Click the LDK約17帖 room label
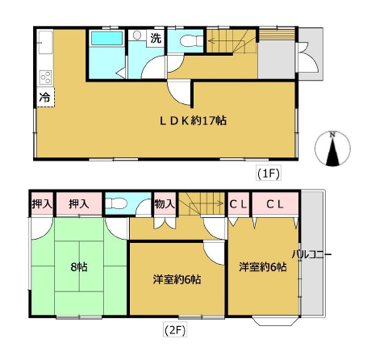[x=193, y=121]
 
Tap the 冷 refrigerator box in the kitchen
[x=46, y=97]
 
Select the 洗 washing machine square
[x=156, y=38]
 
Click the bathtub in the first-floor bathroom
[x=107, y=38]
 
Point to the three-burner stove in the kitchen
[x=45, y=77]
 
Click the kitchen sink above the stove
[x=45, y=42]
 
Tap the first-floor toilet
[x=191, y=41]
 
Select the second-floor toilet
[x=116, y=203]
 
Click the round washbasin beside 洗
[x=137, y=35]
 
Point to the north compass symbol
[x=333, y=149]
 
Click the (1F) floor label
[x=268, y=174]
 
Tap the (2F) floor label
[x=174, y=330]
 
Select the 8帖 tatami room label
[x=79, y=267]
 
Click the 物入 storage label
[x=165, y=203]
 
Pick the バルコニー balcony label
[x=312, y=255]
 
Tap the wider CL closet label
[x=275, y=205]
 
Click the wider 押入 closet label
[x=79, y=204]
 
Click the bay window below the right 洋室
[x=275, y=321]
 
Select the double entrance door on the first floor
[x=308, y=58]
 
